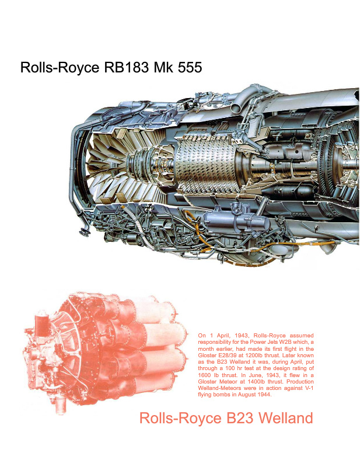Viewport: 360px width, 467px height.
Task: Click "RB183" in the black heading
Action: (x=126, y=68)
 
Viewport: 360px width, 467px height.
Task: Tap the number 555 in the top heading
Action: (x=190, y=68)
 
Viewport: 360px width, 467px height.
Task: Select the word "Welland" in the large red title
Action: (x=285, y=418)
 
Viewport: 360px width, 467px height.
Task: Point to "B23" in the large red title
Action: (x=239, y=418)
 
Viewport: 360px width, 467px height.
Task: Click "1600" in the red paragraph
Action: (x=204, y=375)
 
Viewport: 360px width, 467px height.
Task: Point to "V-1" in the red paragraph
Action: (x=309, y=388)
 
